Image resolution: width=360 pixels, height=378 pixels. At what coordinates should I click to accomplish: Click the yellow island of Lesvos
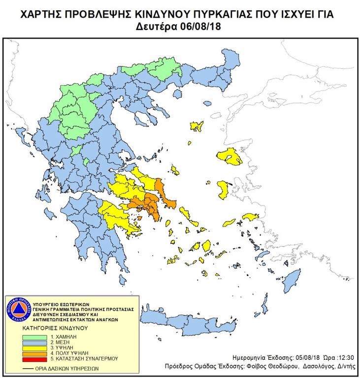230,157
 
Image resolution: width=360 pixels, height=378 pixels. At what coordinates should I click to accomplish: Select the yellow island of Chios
223,189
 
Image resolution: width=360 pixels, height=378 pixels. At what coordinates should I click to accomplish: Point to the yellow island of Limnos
197,126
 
